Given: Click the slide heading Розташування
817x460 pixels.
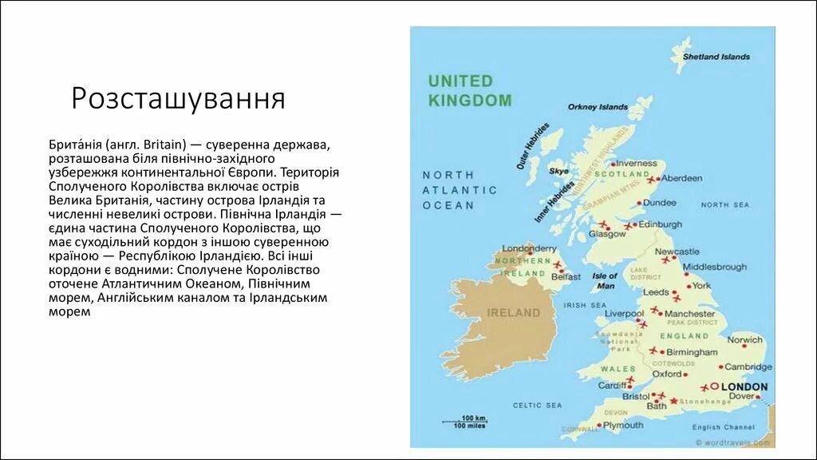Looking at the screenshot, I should click(x=178, y=99).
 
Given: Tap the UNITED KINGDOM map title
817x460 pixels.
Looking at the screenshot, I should click(x=469, y=91).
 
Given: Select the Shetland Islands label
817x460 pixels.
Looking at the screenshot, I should click(x=716, y=57).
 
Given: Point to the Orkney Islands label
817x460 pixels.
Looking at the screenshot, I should click(x=598, y=107).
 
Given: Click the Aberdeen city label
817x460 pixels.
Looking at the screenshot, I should click(x=681, y=178).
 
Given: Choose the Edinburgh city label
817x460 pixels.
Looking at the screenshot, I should click(x=660, y=224).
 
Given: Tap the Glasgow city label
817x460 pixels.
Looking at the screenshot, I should click(x=607, y=234).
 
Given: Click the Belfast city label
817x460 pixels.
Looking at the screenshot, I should click(x=566, y=276).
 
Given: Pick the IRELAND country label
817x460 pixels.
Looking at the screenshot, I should click(x=514, y=313).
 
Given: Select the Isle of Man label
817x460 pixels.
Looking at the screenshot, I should click(x=606, y=280).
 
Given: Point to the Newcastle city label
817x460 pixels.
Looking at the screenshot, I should click(x=677, y=252).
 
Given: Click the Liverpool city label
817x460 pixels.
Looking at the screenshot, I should click(x=623, y=314).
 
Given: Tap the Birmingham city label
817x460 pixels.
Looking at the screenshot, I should click(x=692, y=352).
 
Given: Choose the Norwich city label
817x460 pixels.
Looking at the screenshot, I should click(x=744, y=340).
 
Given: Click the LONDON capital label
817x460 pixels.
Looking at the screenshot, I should click(x=744, y=387).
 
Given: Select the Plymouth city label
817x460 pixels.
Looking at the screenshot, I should click(x=623, y=426).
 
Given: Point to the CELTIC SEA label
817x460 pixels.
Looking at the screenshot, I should click(x=538, y=406).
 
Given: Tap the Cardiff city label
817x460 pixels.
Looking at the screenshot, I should click(x=613, y=386).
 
